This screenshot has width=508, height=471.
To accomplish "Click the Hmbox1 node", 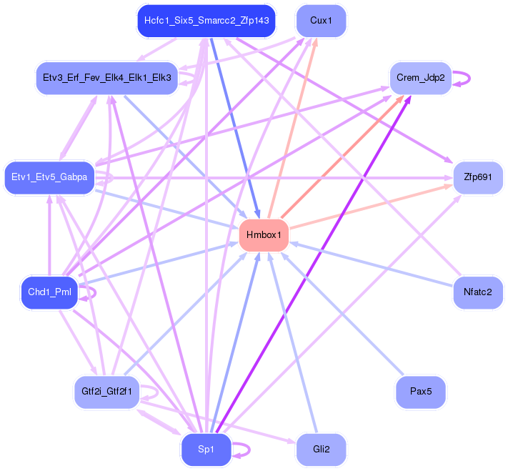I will click(264, 235).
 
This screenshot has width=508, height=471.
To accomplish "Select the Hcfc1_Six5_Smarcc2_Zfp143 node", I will click(206, 21).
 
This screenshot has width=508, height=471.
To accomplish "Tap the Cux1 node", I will click(321, 21).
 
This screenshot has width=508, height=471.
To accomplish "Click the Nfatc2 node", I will click(478, 292).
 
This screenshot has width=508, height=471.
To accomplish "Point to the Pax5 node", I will click(421, 392).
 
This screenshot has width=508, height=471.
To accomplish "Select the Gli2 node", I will click(321, 450).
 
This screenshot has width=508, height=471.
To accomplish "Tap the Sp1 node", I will click(206, 450).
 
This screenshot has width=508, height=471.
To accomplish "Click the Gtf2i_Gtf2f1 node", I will click(106, 392).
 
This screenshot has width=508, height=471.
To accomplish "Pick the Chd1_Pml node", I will click(49, 292).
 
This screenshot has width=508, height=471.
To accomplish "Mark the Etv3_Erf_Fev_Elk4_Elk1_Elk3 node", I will click(106, 78).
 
